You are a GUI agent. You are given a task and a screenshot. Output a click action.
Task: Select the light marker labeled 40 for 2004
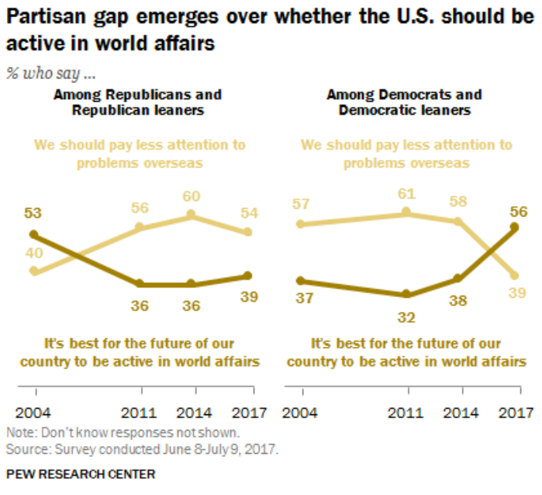click(33, 271)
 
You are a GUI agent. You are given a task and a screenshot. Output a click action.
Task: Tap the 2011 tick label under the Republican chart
click(140, 413)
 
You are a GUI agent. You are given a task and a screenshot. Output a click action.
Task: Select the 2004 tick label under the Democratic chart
click(299, 413)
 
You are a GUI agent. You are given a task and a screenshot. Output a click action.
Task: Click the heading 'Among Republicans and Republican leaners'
click(137, 102)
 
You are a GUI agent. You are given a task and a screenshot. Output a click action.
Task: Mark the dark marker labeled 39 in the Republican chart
click(247, 275)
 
